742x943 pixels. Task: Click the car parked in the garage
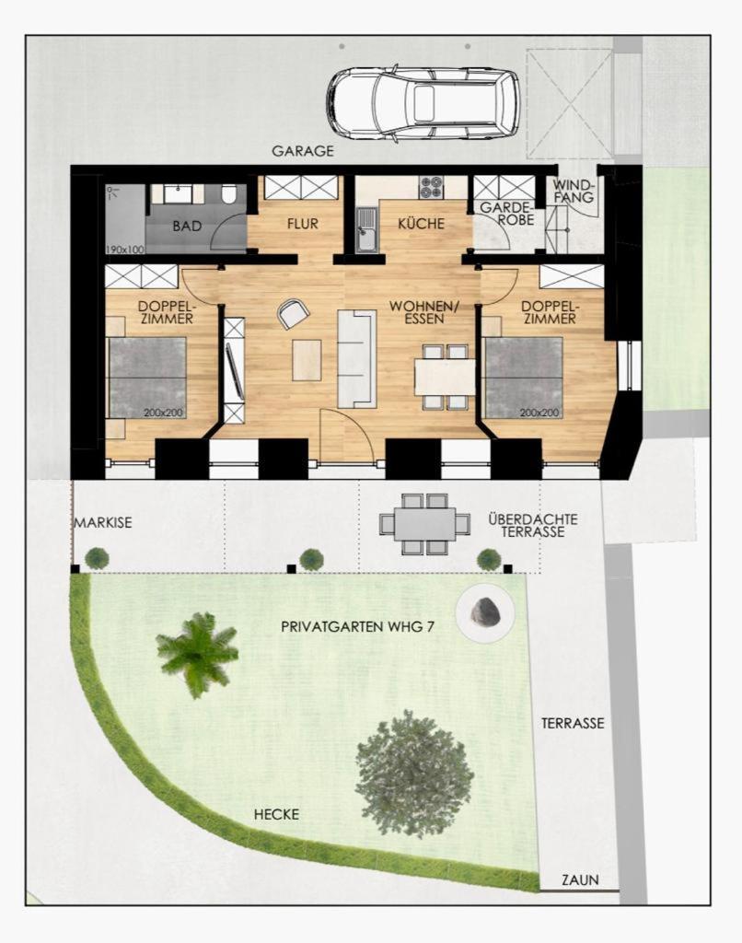pyautogui.click(x=423, y=103)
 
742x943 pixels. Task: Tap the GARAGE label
pyautogui.click(x=303, y=151)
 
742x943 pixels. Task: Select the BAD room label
pyautogui.click(x=187, y=227)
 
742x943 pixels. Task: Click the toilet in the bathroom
pyautogui.click(x=228, y=194)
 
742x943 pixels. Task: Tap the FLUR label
pyautogui.click(x=303, y=225)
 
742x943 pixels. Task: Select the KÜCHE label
pyautogui.click(x=421, y=224)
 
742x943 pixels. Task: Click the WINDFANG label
pyautogui.click(x=574, y=192)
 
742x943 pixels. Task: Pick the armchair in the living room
pyautogui.click(x=293, y=313)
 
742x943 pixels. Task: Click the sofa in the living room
pyautogui.click(x=356, y=358)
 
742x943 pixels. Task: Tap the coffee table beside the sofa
pyautogui.click(x=307, y=360)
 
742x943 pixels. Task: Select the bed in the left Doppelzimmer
pyautogui.click(x=146, y=378)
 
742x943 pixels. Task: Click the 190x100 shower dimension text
pyautogui.click(x=125, y=249)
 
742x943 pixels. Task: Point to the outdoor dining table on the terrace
pyautogui.click(x=425, y=524)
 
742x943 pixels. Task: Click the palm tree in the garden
pyautogui.click(x=196, y=653)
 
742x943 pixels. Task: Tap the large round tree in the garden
pyautogui.click(x=414, y=774)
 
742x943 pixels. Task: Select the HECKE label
pyautogui.click(x=276, y=815)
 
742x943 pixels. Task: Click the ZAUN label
pyautogui.click(x=580, y=879)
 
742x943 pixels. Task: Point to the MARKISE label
pyautogui.click(x=103, y=523)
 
